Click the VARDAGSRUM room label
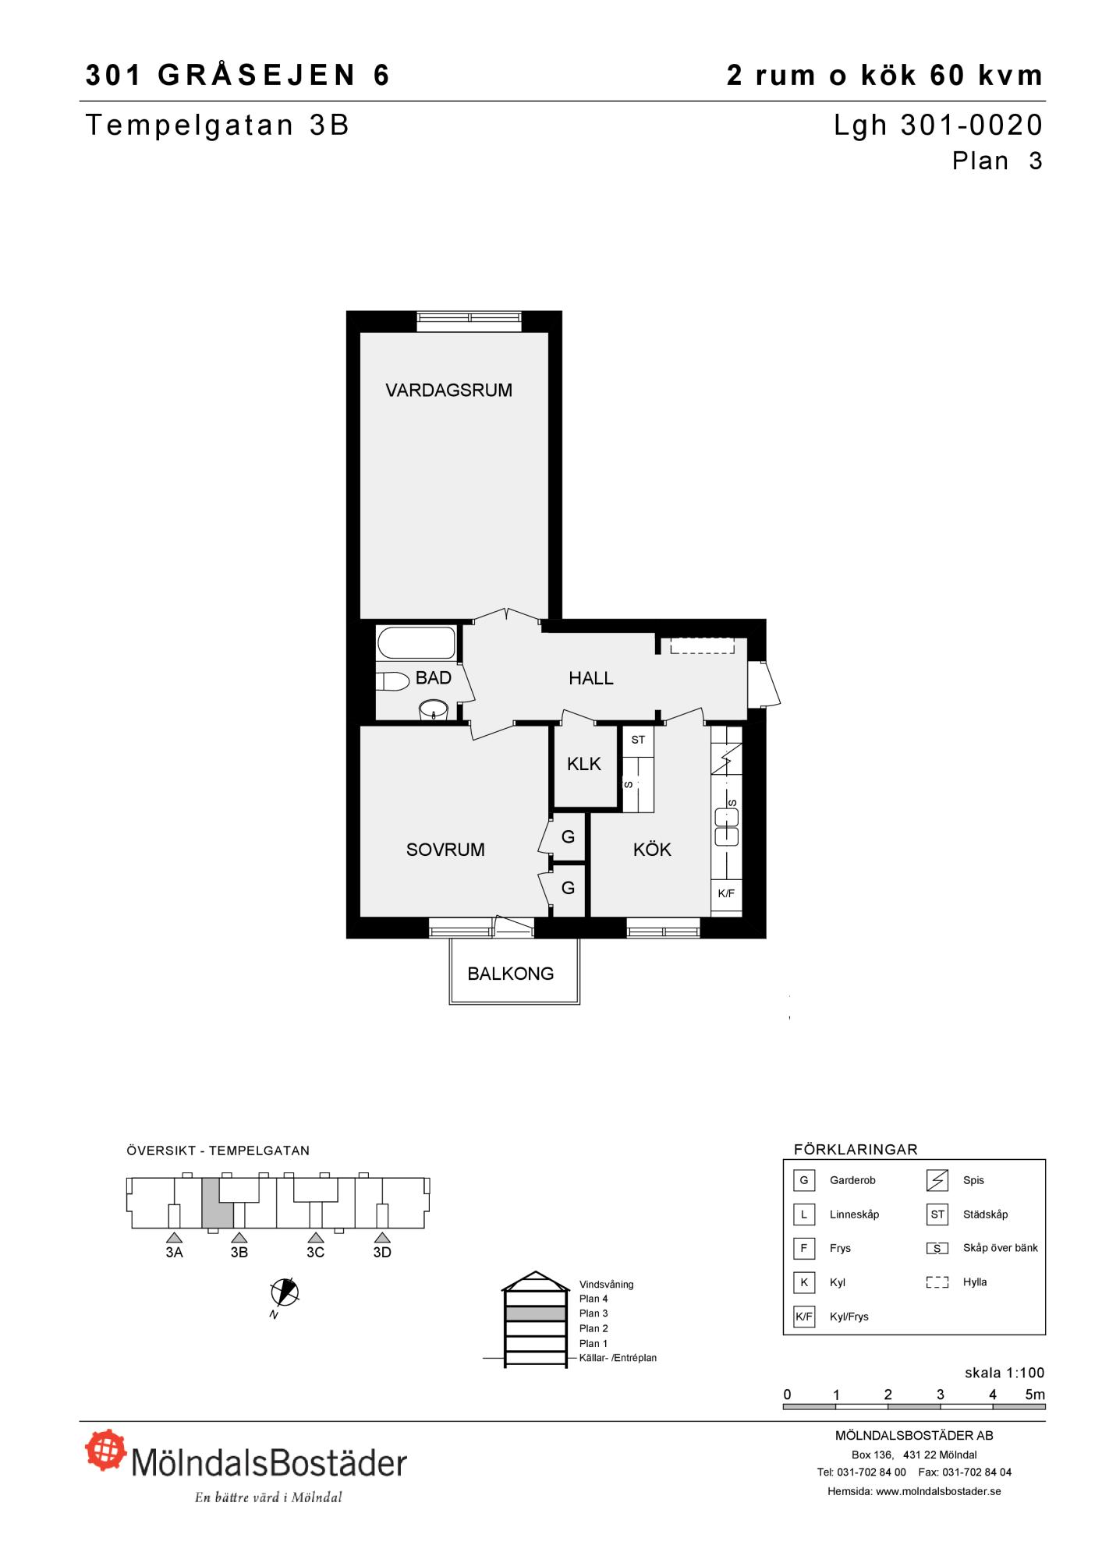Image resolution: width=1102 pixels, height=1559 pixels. tap(448, 390)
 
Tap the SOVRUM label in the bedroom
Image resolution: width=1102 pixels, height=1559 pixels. tap(445, 850)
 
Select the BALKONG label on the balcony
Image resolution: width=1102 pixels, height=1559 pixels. tap(511, 974)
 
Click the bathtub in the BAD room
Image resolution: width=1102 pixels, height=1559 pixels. tap(416, 643)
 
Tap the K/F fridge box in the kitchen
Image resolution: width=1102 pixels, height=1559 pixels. tap(726, 893)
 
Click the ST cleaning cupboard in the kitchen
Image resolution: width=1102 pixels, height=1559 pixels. tap(638, 741)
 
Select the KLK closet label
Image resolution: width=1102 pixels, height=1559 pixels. tap(584, 765)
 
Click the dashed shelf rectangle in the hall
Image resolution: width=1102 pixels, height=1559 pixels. tap(702, 645)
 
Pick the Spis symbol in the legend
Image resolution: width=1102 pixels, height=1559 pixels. tap(937, 1181)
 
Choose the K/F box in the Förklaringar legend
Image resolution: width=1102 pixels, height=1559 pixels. tap(803, 1317)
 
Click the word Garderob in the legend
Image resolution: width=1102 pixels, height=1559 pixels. tap(852, 1180)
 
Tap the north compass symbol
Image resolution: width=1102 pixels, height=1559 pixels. tap(285, 1292)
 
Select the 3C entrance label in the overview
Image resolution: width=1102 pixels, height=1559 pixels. tap(315, 1252)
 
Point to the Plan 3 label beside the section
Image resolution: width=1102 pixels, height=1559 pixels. tap(594, 1313)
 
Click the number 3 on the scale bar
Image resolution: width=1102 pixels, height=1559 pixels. tap(941, 1395)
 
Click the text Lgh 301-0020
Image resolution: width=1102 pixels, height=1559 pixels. tap(938, 125)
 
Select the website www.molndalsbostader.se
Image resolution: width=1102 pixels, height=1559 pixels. tap(938, 1491)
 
